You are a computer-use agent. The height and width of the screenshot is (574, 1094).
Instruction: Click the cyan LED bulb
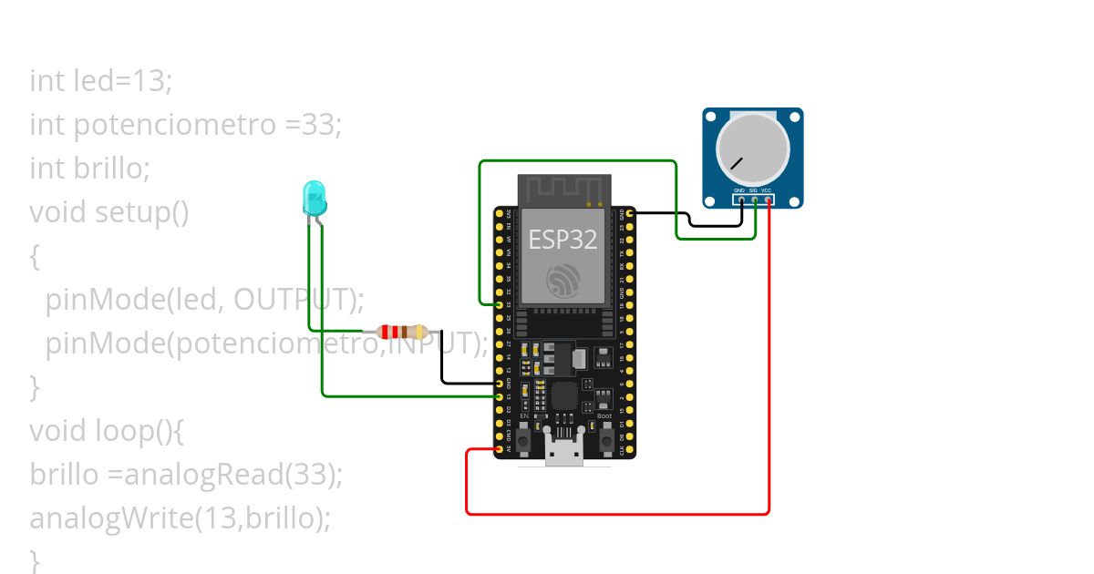click(313, 197)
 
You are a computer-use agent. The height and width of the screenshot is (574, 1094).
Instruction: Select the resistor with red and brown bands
click(402, 333)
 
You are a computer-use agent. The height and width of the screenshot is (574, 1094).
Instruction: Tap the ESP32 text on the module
click(562, 240)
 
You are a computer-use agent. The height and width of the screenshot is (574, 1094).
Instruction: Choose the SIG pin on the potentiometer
click(754, 199)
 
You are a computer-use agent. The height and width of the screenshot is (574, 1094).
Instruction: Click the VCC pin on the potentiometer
click(768, 199)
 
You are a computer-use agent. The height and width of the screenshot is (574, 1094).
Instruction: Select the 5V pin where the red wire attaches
click(500, 449)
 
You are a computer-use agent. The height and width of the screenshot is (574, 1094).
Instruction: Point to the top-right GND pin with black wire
click(630, 213)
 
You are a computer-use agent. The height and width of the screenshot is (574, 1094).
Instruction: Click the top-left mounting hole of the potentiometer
click(711, 117)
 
